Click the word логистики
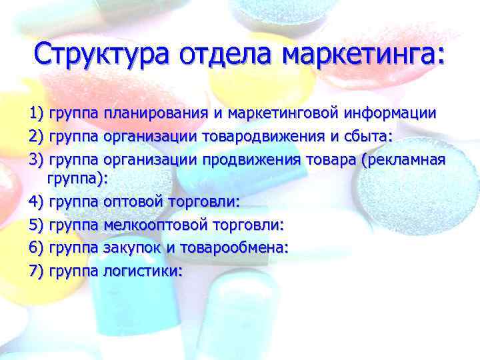pyautogui.click(x=142, y=271)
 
